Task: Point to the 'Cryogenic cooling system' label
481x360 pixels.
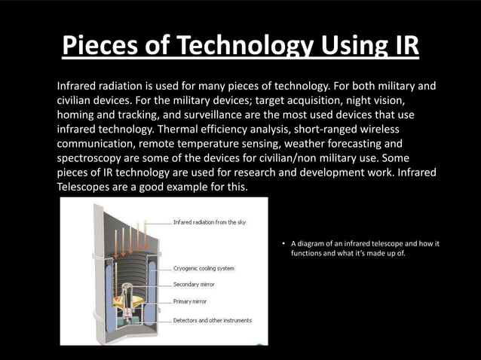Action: click(x=204, y=268)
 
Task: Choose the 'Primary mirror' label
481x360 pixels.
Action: click(x=190, y=301)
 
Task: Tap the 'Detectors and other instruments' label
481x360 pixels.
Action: click(x=213, y=320)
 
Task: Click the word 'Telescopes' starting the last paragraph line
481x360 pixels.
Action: click(x=85, y=187)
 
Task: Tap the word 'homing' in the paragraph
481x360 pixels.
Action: click(x=77, y=115)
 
